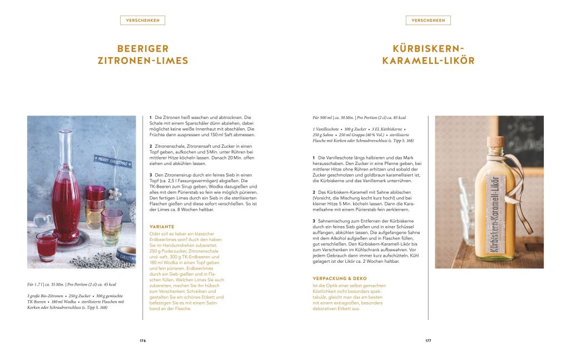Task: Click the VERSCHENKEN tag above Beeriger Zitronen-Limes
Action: click(142, 21)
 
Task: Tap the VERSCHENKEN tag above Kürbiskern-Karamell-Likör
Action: click(428, 21)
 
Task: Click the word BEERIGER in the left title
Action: click(143, 49)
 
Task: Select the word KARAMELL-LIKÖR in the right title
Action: click(428, 61)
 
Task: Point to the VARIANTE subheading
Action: click(162, 227)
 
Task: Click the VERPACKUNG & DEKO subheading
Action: click(340, 278)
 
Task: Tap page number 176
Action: click(142, 341)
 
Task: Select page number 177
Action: click(428, 341)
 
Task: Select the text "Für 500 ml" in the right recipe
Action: click(323, 118)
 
